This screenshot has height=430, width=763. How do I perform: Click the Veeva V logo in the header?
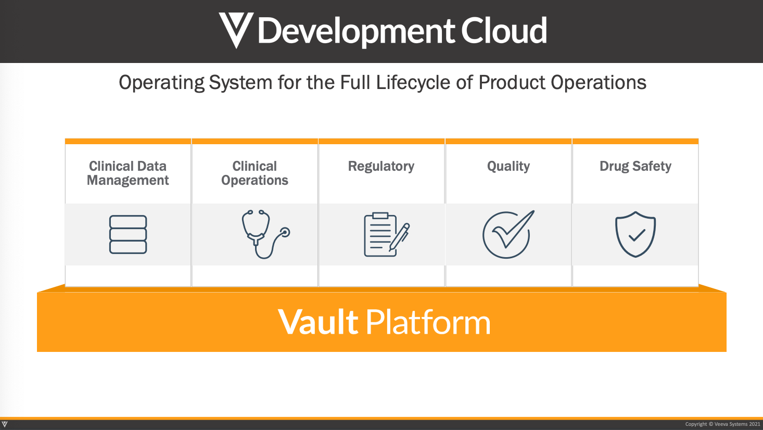click(x=236, y=30)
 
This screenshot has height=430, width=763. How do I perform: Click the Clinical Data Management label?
click(x=128, y=173)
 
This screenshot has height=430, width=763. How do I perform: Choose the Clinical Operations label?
click(x=255, y=173)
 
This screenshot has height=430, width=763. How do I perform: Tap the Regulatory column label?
click(x=381, y=167)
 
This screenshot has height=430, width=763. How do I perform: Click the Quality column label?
click(x=508, y=167)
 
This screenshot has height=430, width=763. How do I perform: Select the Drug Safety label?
click(x=635, y=167)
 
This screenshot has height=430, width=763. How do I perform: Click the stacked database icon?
click(x=128, y=234)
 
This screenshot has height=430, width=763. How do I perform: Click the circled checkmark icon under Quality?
click(x=507, y=234)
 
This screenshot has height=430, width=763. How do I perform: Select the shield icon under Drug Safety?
click(x=635, y=234)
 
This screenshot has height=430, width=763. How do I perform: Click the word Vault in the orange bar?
click(x=318, y=322)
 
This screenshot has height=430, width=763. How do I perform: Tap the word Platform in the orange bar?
click(x=428, y=322)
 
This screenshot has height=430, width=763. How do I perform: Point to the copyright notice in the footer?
click(x=722, y=424)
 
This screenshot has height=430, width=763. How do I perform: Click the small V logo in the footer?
click(x=5, y=425)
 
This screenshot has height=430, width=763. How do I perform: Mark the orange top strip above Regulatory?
click(x=381, y=141)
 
